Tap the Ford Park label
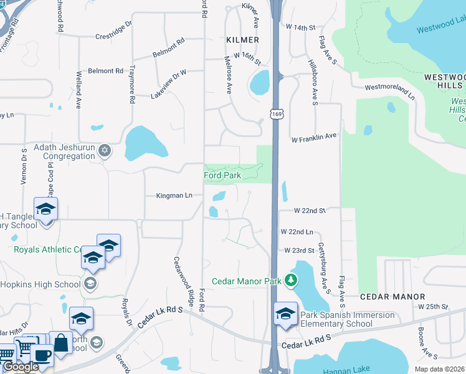222,176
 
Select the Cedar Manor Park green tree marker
290,281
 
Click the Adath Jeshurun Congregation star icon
105,150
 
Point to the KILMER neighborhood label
242,40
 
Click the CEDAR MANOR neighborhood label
392,297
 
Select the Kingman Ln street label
174,196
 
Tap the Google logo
20,367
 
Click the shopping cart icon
26,347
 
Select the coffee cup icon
42,355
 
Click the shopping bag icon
61,342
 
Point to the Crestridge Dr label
114,31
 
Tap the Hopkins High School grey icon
90,284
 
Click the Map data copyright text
440,369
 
